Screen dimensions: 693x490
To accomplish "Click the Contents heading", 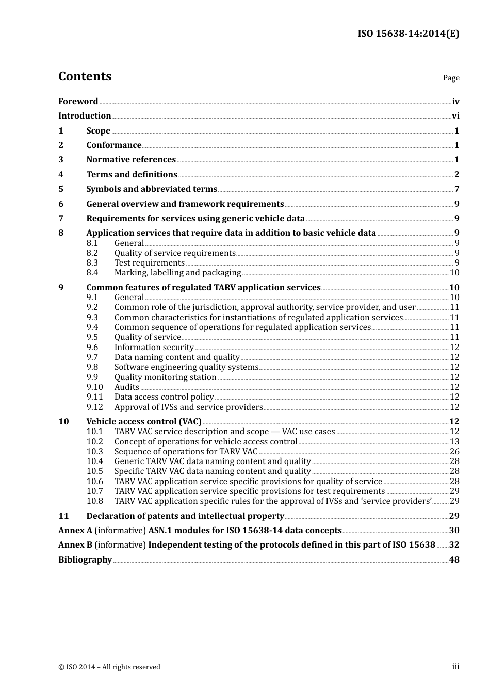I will point(85,76).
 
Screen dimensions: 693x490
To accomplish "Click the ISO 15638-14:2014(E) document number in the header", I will point(409,34).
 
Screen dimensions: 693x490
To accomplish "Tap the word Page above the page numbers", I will point(451,78).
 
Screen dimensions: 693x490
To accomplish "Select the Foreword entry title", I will point(78,102).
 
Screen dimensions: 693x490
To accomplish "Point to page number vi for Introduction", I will point(455,116).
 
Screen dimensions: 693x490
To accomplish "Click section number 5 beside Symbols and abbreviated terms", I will point(61,189).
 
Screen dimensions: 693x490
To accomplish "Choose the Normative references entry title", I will point(131,160).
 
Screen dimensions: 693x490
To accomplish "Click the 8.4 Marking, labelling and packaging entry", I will point(177,273).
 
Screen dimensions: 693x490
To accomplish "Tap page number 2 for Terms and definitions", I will point(456,175).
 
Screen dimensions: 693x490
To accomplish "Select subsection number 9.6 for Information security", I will point(92,348).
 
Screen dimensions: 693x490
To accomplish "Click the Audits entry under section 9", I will point(126,387).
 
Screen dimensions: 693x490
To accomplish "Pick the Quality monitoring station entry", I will point(165,377).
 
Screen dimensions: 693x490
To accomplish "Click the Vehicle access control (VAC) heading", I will point(144,422).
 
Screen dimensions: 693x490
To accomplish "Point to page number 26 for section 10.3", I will point(454,452).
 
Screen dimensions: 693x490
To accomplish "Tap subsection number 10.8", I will point(95,501).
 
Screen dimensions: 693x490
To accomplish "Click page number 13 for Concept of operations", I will point(454,442).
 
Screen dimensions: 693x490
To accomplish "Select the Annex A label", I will point(75,531).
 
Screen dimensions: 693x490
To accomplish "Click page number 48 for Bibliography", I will point(454,560).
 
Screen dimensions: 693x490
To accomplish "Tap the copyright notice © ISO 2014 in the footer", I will point(109,667).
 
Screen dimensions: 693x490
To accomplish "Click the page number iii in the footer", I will point(455,667).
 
